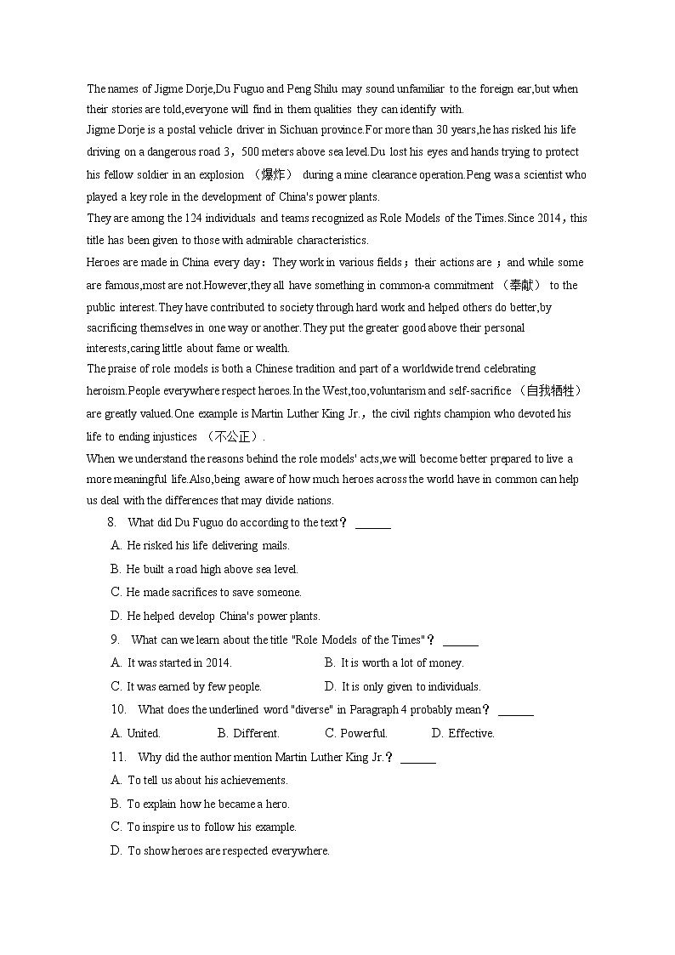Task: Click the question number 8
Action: coord(111,522)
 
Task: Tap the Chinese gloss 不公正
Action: coord(230,436)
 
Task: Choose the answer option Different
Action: coord(256,733)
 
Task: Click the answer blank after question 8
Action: coord(372,524)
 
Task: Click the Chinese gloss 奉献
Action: coord(521,285)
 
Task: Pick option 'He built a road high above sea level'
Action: coord(212,569)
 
